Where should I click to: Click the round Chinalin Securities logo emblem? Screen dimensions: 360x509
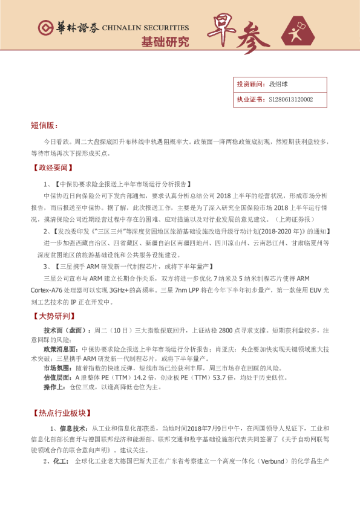[44, 28]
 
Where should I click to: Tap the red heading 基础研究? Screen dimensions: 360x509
[165, 42]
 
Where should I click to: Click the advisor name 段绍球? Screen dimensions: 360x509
[278, 85]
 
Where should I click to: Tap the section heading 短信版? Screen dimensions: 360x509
[44, 125]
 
